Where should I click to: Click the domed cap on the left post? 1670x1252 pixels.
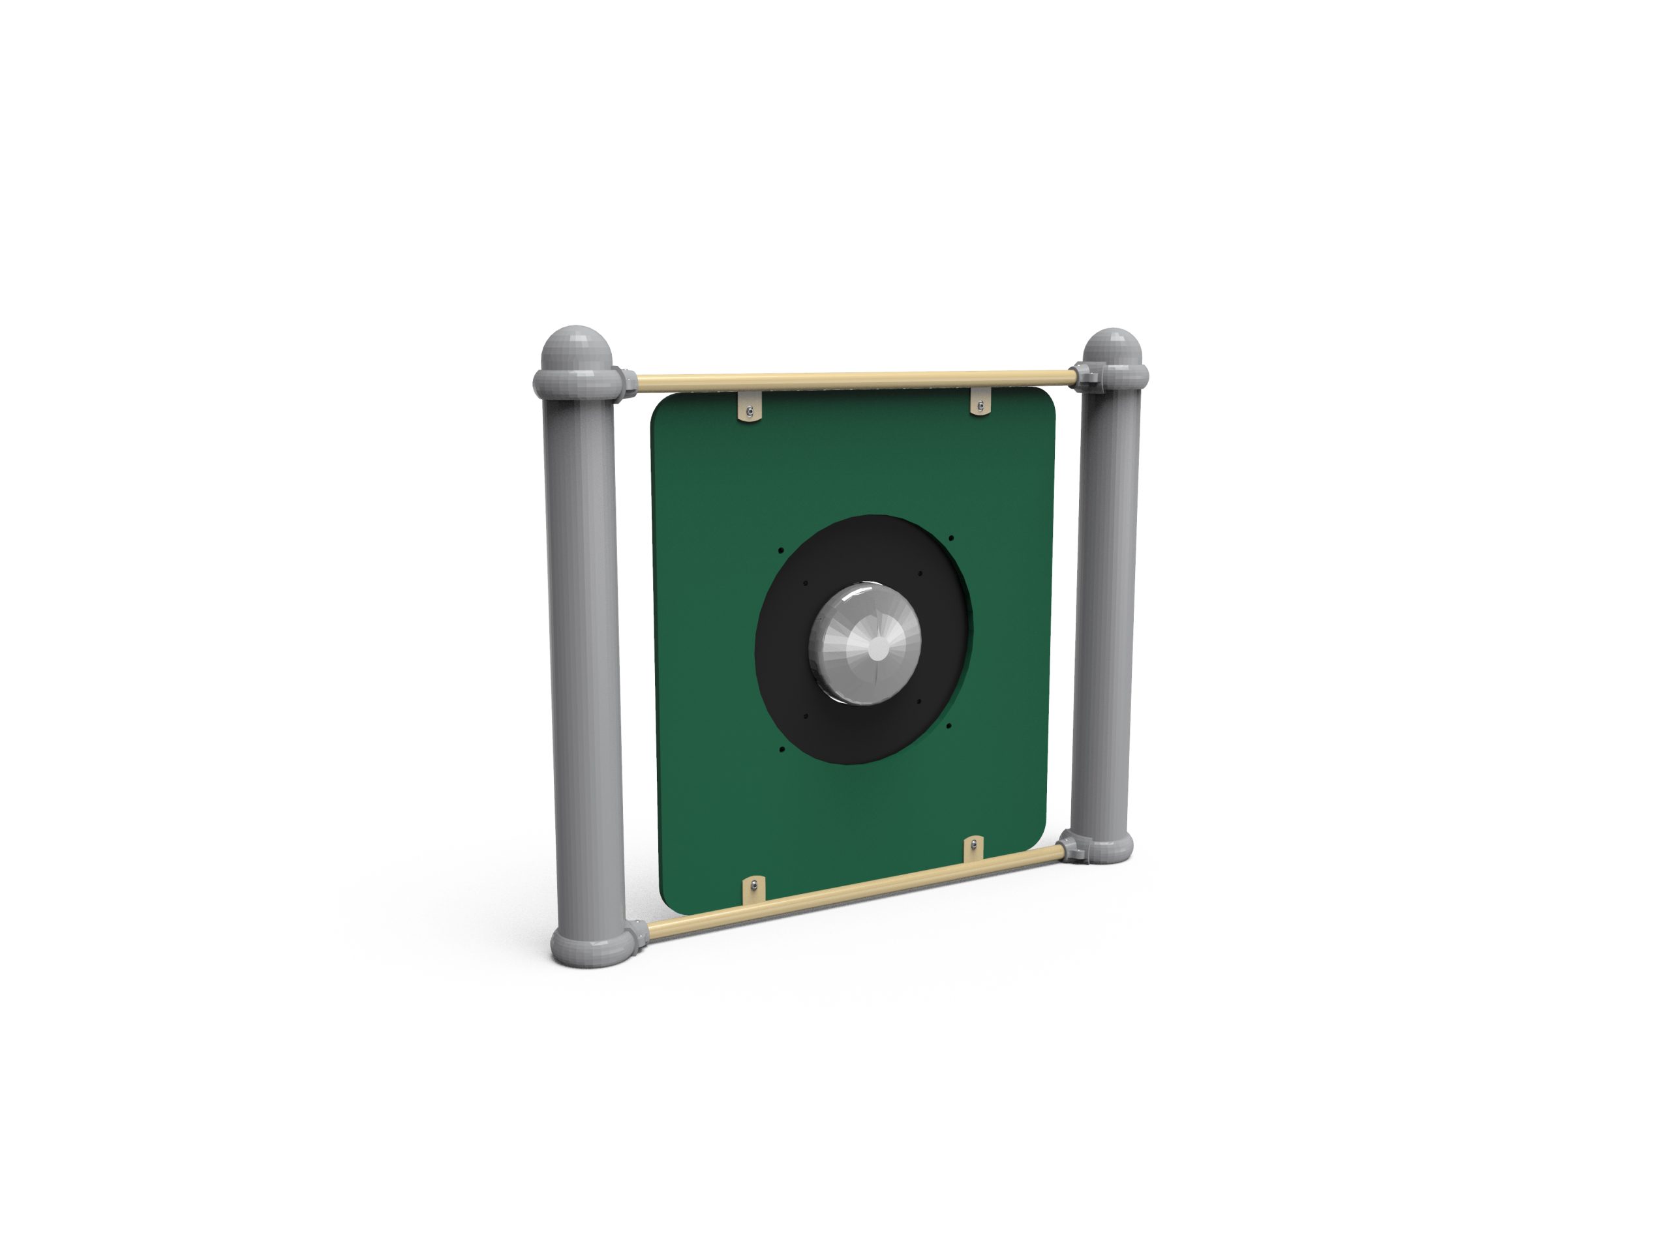576,349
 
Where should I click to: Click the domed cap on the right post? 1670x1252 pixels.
1112,349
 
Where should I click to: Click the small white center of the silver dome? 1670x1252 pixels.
878,648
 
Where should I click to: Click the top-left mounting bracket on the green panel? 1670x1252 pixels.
749,410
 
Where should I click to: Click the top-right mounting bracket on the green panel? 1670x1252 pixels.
980,403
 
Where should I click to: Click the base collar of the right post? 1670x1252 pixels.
1102,848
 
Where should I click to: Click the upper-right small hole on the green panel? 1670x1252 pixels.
951,538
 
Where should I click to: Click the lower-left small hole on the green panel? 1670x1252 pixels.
782,750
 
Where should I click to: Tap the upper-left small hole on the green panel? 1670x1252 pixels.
782,550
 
